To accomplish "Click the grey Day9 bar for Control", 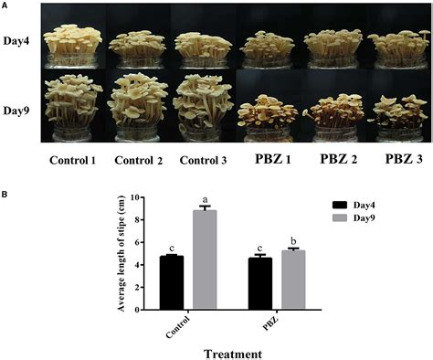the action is click(205, 259).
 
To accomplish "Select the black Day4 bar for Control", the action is click(172, 282).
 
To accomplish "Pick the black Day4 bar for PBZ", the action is click(260, 284).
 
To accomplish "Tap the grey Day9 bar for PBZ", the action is click(293, 281).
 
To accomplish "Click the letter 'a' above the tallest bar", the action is click(205, 200).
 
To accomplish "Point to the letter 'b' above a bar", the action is click(293, 241).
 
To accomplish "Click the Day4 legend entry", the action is click(354, 205).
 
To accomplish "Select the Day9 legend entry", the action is click(354, 218).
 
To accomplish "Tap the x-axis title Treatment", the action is click(233, 355).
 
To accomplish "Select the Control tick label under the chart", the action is click(178, 327).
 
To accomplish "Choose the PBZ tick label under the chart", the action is click(269, 323).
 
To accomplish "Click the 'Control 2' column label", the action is click(139, 161).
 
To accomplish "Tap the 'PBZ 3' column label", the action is click(404, 159).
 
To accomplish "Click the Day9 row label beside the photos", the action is click(16, 111).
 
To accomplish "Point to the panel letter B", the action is click(4, 195).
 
